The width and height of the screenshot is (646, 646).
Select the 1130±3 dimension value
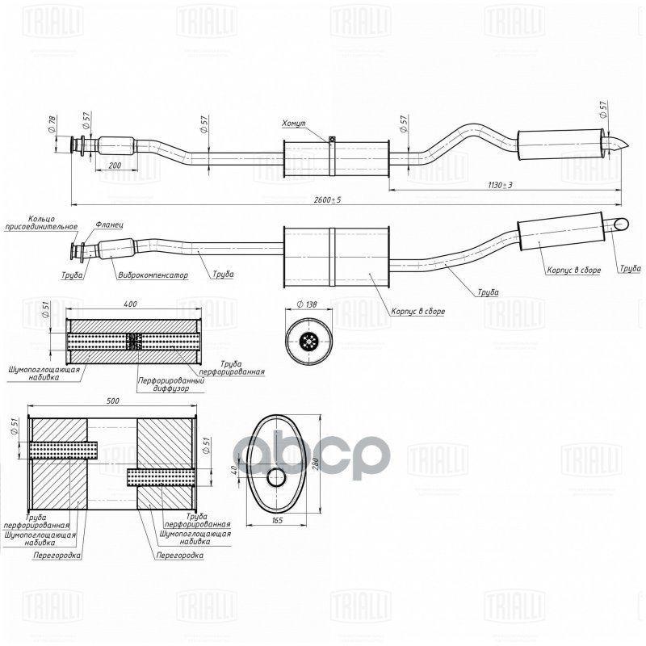click(500, 185)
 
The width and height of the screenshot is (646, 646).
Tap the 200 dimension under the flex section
click(114, 166)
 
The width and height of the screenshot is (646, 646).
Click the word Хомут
click(294, 124)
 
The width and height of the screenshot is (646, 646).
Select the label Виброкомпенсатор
click(153, 275)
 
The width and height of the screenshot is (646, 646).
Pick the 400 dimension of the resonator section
click(131, 304)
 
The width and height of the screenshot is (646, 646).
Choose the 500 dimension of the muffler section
click(113, 401)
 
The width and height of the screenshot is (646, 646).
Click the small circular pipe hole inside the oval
click(276, 478)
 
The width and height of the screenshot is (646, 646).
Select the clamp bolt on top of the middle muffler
click(332, 140)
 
